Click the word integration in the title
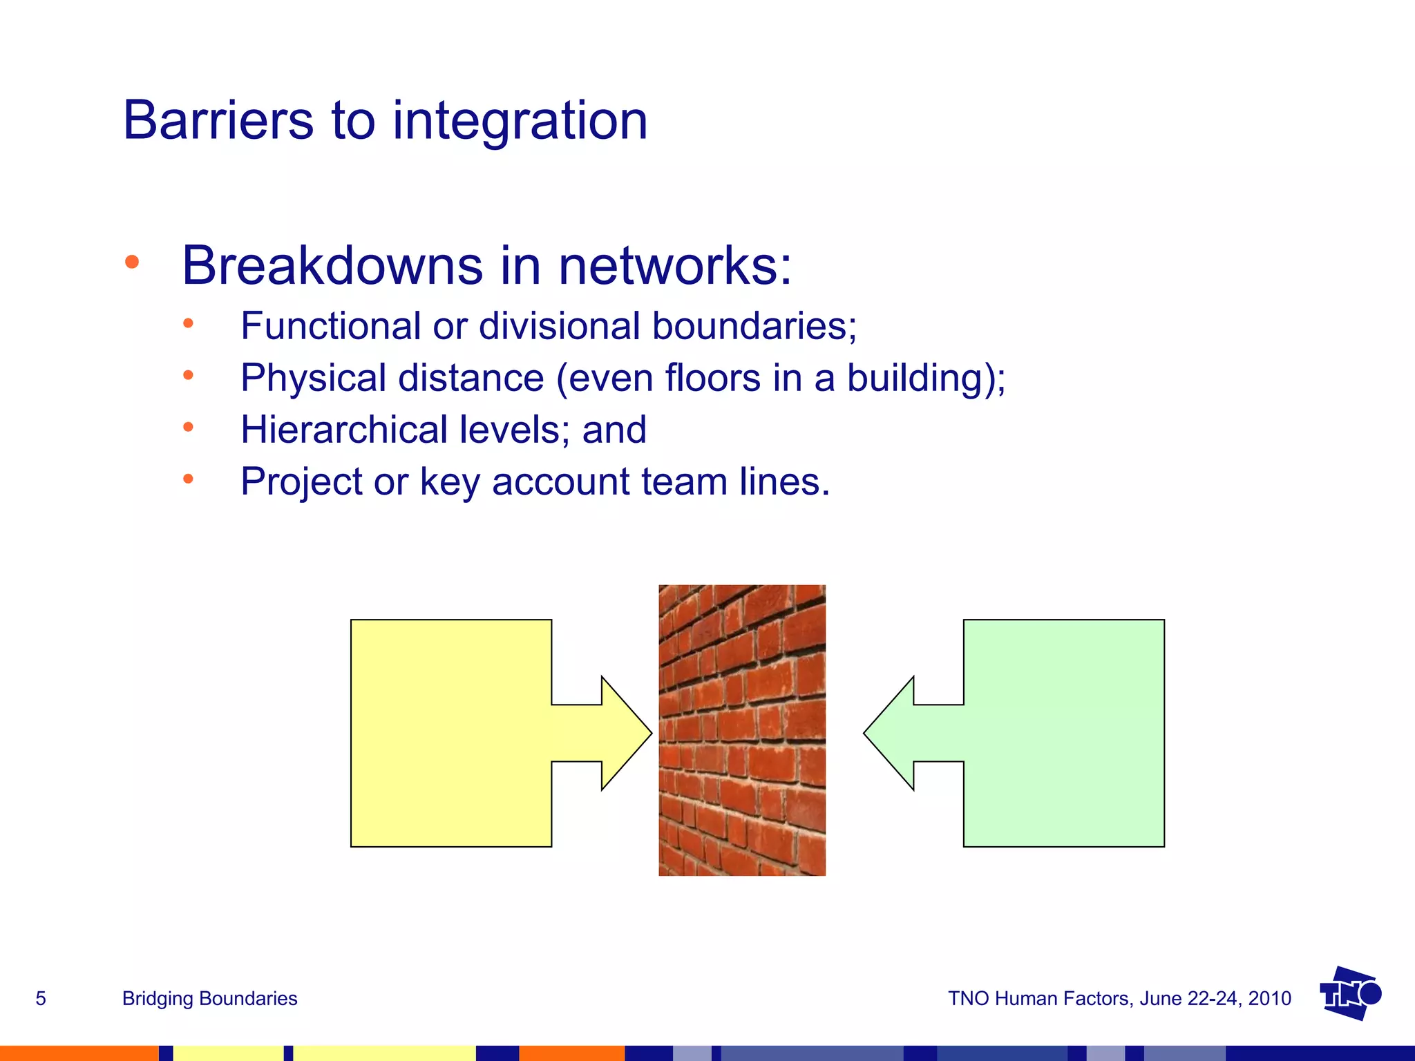click(520, 121)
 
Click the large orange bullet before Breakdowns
click(132, 262)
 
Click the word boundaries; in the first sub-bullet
click(754, 325)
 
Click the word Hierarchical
click(343, 430)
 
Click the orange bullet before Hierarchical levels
click(188, 427)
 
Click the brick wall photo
click(741, 730)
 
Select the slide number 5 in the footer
click(41, 999)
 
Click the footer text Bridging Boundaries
click(209, 999)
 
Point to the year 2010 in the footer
click(1269, 999)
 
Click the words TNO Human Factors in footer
click(1038, 999)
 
